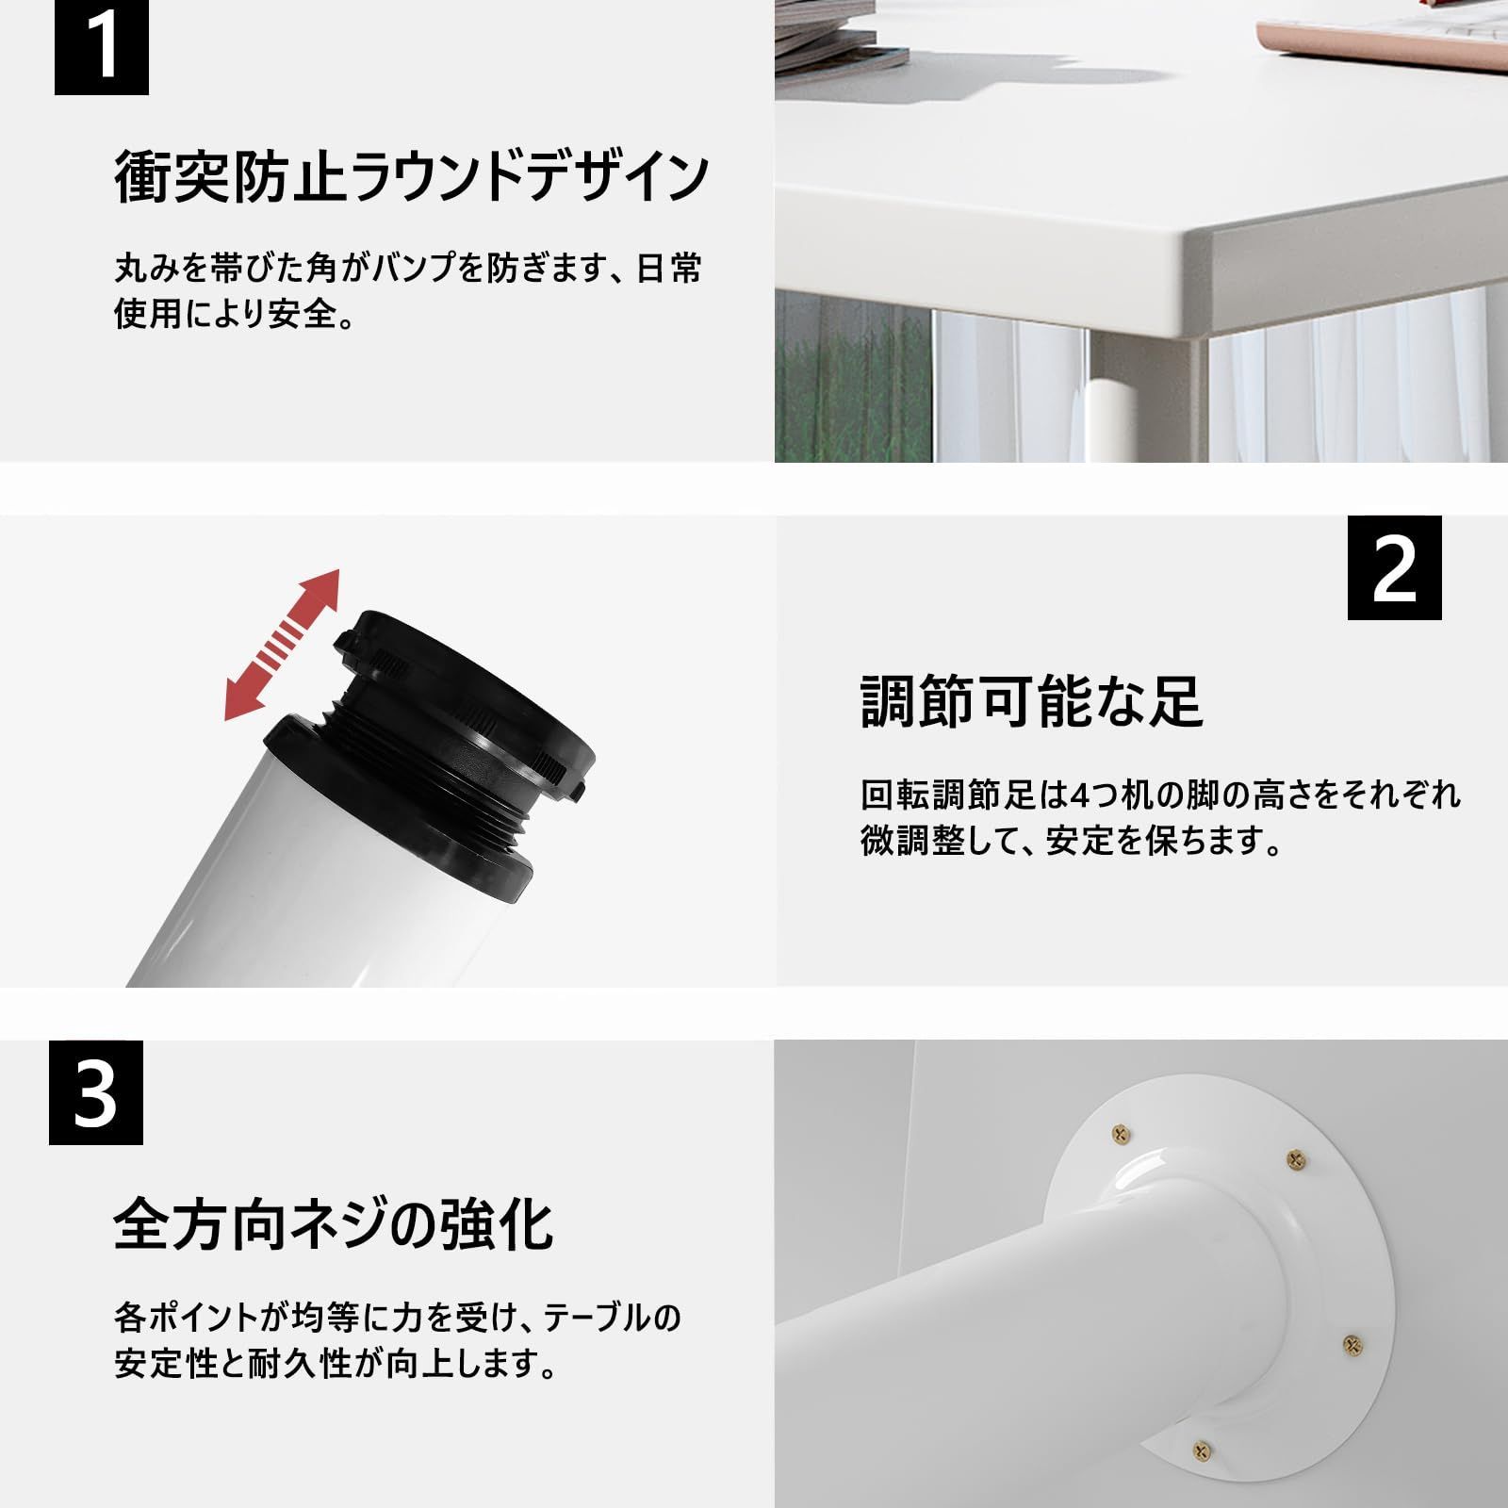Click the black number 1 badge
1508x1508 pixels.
pos(102,47)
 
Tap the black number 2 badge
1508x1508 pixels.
pos(1395,567)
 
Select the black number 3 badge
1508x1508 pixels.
pos(96,1092)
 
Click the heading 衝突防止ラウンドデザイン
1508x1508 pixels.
pos(411,177)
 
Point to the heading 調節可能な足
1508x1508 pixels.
pos(1032,701)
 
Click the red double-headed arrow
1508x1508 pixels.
pos(282,645)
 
